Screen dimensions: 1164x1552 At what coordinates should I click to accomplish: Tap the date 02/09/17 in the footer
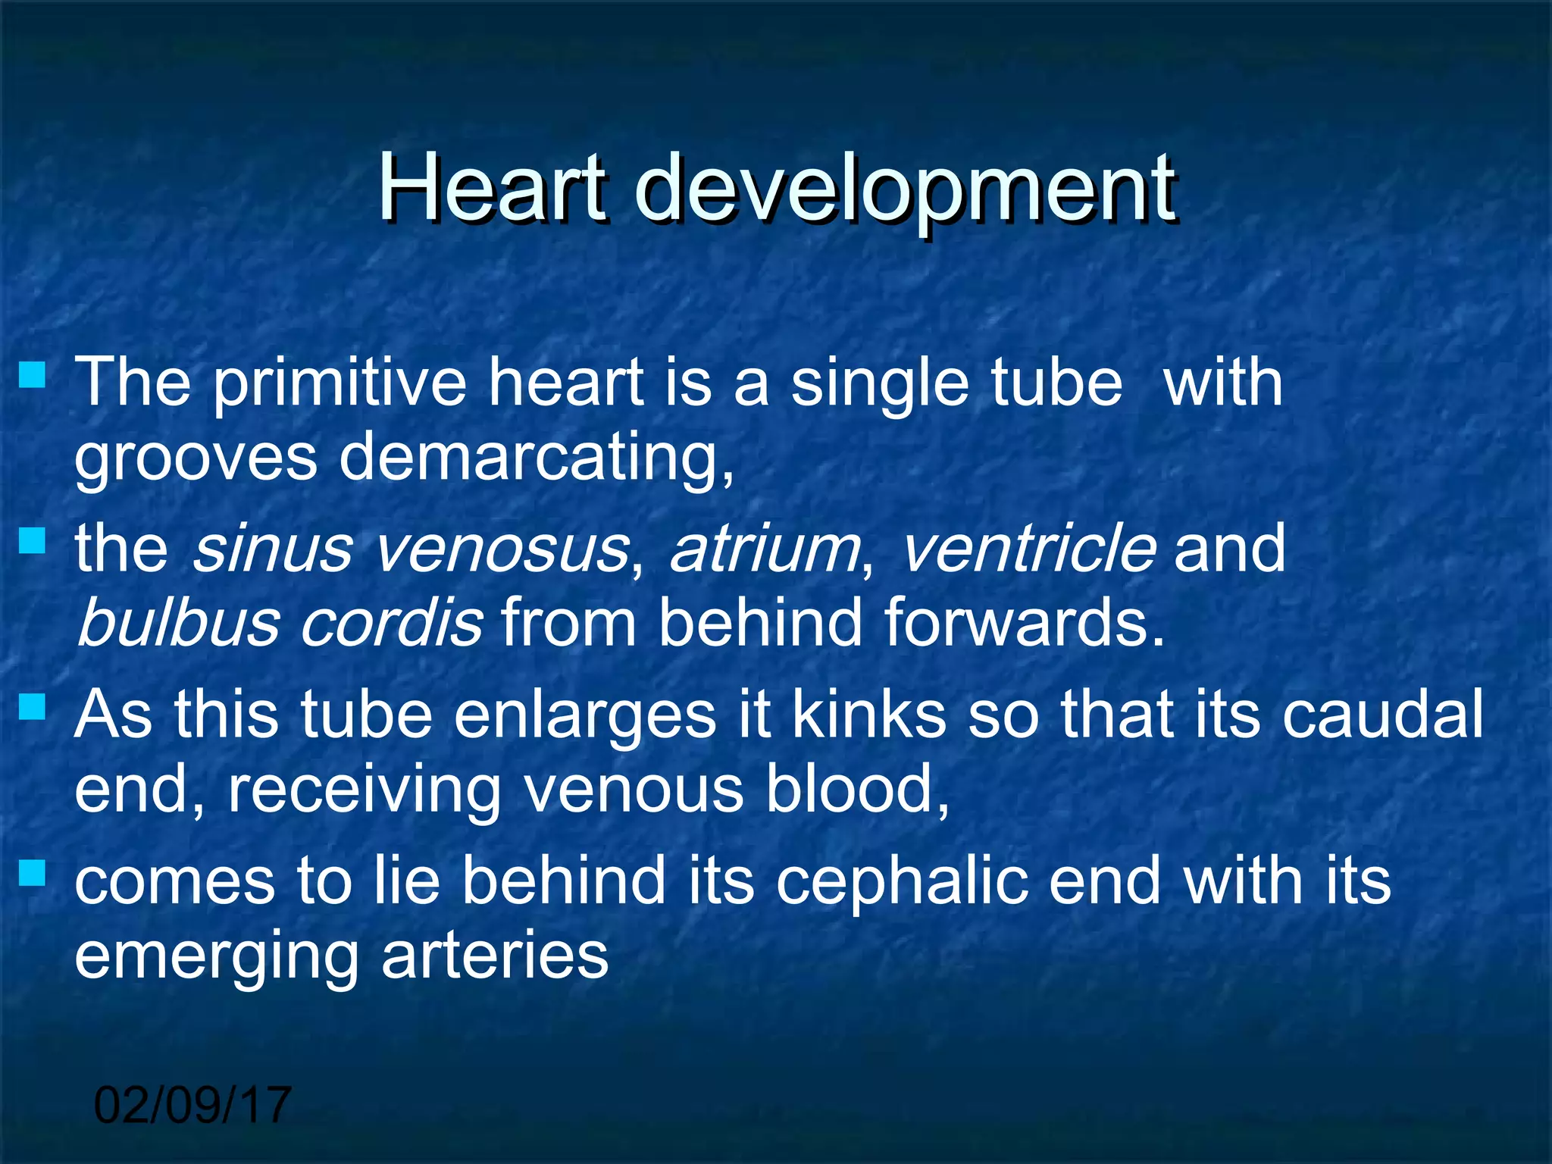(x=192, y=1105)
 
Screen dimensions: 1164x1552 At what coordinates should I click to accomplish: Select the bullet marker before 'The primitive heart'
(x=33, y=374)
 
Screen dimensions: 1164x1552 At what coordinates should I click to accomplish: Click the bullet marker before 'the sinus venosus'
(x=33, y=541)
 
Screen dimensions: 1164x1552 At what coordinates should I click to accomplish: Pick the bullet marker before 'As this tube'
(x=33, y=708)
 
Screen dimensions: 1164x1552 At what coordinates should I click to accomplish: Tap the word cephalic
(x=902, y=882)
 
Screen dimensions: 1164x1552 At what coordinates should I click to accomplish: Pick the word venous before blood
(x=633, y=790)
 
